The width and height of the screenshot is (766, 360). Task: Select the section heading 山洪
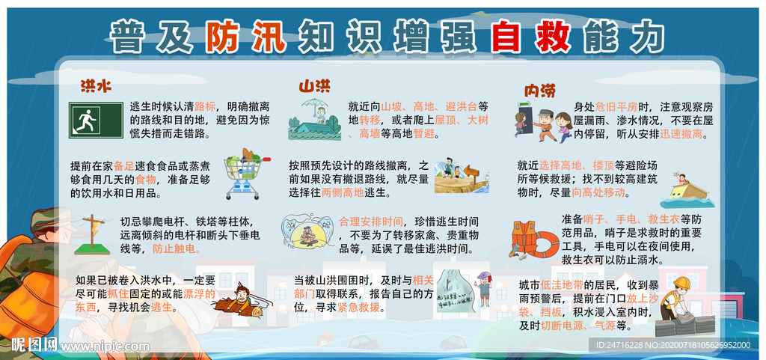(315, 87)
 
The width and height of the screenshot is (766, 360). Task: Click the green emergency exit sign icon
(95, 120)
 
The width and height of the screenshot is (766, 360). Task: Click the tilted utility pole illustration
(93, 231)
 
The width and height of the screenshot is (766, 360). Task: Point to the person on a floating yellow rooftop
(681, 191)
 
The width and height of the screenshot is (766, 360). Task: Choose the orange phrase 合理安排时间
(370, 222)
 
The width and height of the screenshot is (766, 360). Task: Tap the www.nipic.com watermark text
(99, 346)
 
